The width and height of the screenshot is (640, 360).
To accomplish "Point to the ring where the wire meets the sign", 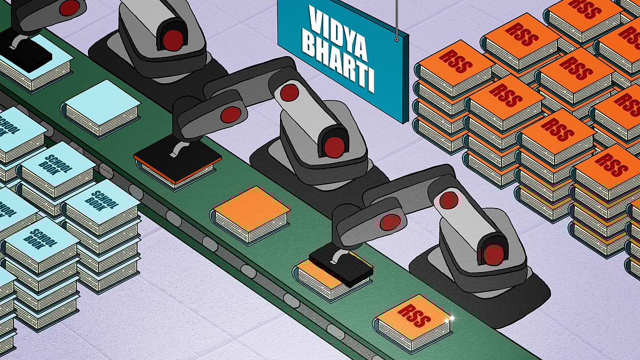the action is (397, 39).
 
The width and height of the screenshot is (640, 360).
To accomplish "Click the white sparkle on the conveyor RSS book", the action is (451, 318).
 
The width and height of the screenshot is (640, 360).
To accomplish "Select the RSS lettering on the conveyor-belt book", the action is (414, 315).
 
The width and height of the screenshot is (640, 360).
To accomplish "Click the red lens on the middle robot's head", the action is (334, 147).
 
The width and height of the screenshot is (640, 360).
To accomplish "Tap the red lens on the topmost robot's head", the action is (173, 40).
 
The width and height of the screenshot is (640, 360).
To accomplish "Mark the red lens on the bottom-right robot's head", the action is (494, 254).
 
